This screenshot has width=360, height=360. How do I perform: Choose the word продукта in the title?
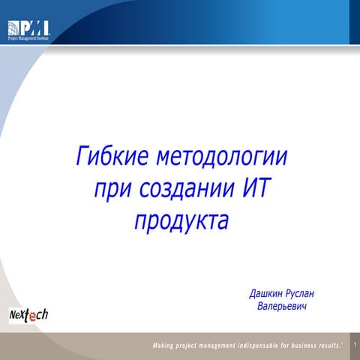tap(181, 223)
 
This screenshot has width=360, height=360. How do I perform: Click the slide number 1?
tap(354, 344)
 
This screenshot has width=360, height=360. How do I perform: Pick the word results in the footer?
tap(333, 345)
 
